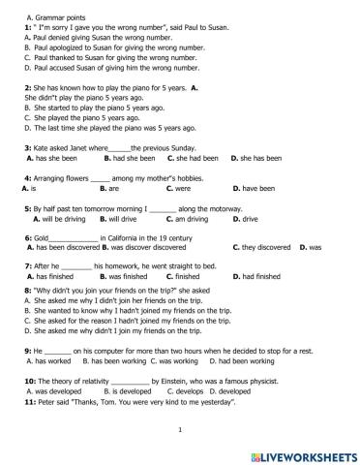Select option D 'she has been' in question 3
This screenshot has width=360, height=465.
pos(255,157)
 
